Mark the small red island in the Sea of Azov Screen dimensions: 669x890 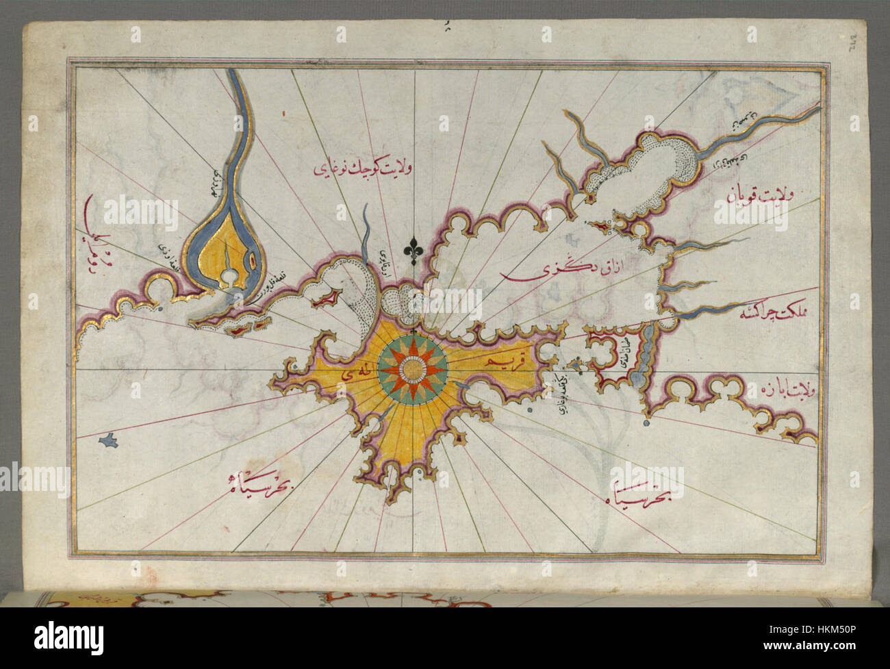pos(600,225)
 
